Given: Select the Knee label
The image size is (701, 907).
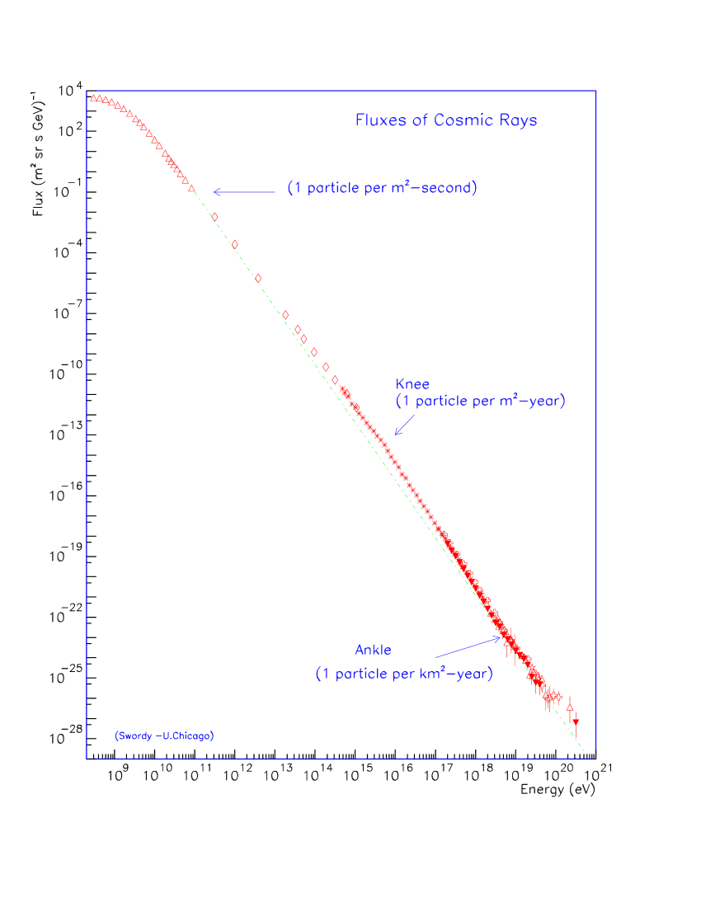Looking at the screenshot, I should [x=412, y=384].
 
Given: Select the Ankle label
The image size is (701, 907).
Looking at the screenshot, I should [x=373, y=651].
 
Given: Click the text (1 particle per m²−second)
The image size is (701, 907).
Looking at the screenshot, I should [x=383, y=188].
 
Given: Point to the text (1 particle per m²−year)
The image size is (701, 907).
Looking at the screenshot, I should [x=481, y=402].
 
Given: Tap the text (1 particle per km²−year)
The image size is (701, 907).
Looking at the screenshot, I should [x=404, y=674].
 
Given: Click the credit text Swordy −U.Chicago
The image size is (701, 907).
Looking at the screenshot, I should [x=164, y=735].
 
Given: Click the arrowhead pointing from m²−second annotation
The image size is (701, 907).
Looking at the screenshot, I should [x=215, y=192].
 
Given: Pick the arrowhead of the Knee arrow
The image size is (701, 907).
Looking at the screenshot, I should [x=397, y=432].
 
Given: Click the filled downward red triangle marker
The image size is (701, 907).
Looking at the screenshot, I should [x=576, y=722].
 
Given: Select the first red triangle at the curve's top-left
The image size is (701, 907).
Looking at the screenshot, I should [x=93, y=99].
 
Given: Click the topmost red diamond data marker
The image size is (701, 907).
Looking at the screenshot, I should [x=215, y=217].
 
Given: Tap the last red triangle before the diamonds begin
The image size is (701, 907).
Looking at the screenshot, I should [x=191, y=190].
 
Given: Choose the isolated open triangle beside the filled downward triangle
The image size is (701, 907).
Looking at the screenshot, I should [x=570, y=706].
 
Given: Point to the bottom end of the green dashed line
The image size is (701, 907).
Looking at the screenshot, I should [x=585, y=753].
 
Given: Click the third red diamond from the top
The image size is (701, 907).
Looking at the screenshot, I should [x=258, y=278].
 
